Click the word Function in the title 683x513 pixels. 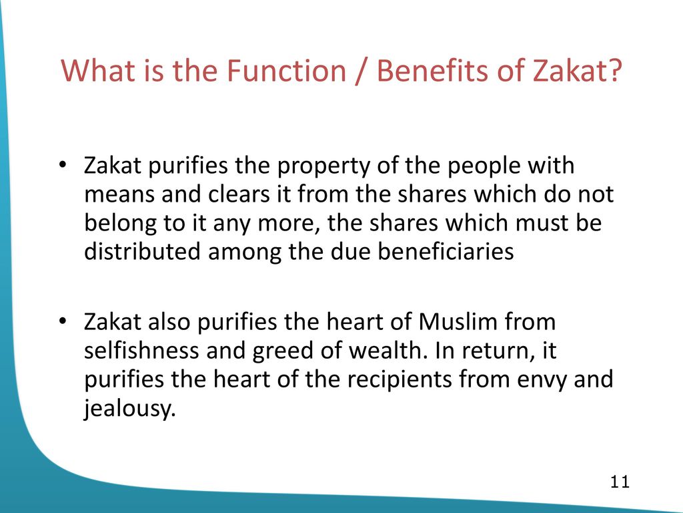tap(287, 71)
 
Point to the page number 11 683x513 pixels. tap(620, 482)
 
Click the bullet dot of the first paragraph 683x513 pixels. tap(63, 166)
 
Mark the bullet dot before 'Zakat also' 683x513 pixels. tap(63, 322)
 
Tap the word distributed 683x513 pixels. tap(142, 252)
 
